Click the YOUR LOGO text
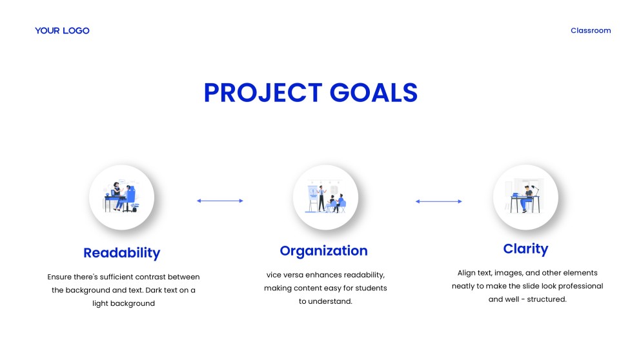click(x=62, y=31)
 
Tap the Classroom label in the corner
click(x=591, y=30)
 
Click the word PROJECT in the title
click(x=263, y=93)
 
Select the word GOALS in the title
click(x=374, y=93)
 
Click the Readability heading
click(x=122, y=253)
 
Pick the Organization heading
click(x=324, y=251)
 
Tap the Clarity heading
click(x=525, y=249)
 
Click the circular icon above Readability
click(x=122, y=197)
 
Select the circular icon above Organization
click(x=325, y=197)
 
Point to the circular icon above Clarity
click(x=525, y=197)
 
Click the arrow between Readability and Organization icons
click(x=220, y=201)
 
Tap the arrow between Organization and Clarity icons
click(x=439, y=201)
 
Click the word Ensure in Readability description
click(x=59, y=277)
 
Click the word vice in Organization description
click(x=274, y=275)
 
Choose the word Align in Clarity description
click(x=467, y=273)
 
